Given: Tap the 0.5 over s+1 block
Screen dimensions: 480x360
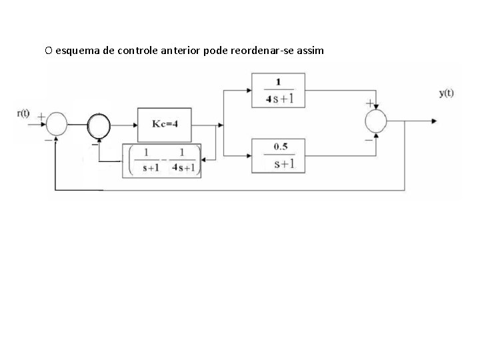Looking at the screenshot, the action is [x=278, y=155].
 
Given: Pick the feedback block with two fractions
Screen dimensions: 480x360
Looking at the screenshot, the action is [x=161, y=161].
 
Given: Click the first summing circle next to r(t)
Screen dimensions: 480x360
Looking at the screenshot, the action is [x=57, y=123].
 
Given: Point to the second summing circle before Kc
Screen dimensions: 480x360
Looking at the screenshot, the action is [x=100, y=123].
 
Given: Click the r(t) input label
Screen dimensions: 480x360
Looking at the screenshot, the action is [x=23, y=113].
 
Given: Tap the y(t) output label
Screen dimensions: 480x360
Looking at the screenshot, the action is [x=446, y=93].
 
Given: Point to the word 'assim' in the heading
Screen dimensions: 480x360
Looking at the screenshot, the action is [x=309, y=51].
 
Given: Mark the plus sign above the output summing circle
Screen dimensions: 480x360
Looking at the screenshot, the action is [x=367, y=104].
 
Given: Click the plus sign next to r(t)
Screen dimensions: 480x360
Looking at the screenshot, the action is [x=41, y=116].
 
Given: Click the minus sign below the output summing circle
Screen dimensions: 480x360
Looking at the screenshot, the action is [x=368, y=140].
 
